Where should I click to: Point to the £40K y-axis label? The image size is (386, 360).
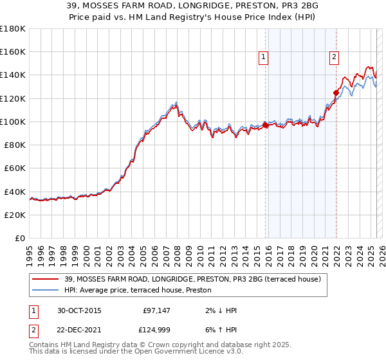[x=15, y=192]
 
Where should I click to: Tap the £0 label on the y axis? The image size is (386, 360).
[x=21, y=239]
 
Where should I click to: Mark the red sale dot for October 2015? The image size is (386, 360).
[x=266, y=125]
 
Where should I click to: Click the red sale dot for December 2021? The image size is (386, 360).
[x=336, y=93]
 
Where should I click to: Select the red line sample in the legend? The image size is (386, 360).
[x=46, y=278]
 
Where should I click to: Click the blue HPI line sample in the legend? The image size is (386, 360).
[x=46, y=290]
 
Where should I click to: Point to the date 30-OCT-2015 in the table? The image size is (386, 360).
[x=79, y=310]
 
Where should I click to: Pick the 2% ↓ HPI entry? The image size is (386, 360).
[x=219, y=310]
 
